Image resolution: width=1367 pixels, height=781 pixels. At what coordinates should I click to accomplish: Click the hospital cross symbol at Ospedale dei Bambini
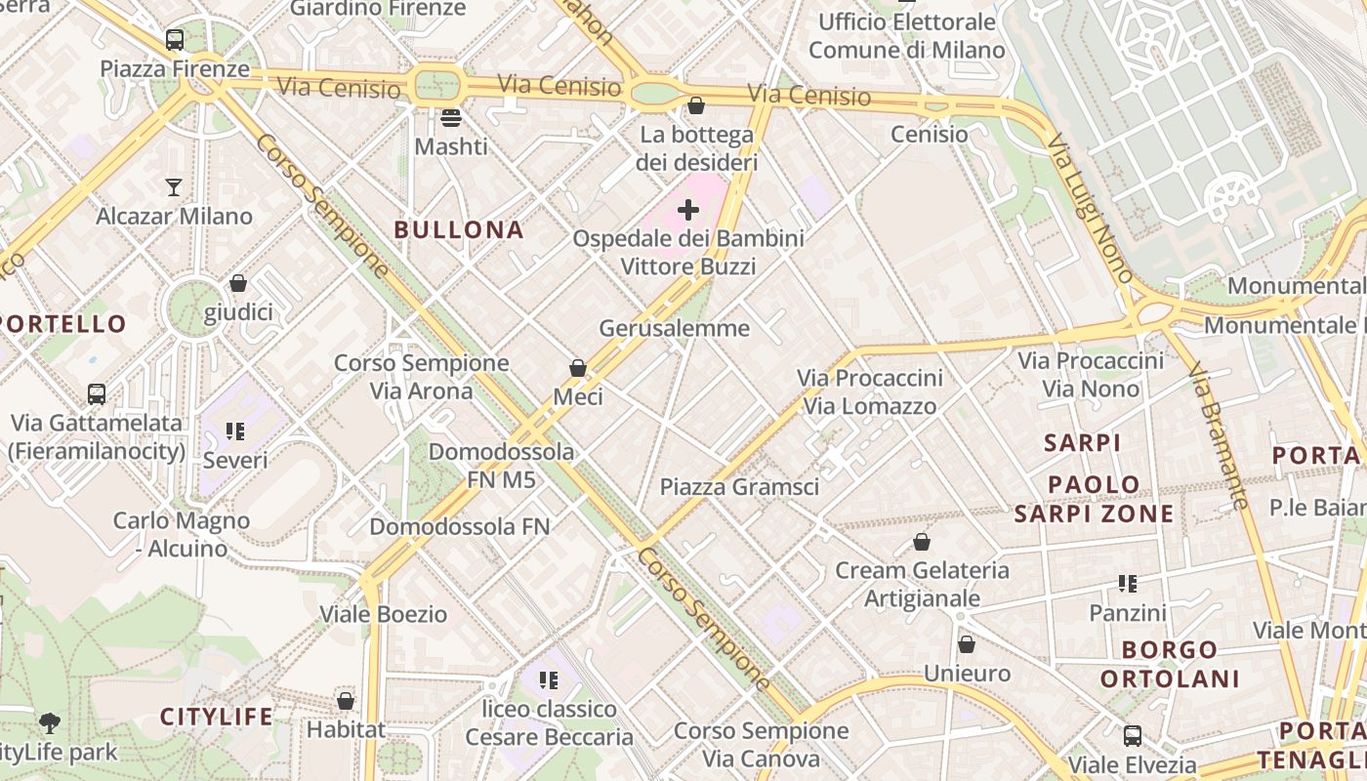click(x=688, y=209)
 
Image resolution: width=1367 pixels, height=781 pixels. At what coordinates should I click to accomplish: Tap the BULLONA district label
click(x=459, y=230)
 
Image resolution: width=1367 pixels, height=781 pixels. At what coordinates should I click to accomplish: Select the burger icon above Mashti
click(x=451, y=118)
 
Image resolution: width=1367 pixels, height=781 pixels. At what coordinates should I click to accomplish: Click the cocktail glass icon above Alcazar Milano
click(x=174, y=186)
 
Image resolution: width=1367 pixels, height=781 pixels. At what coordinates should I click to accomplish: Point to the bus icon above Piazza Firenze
click(x=175, y=40)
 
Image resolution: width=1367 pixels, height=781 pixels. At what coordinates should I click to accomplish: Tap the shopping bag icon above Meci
click(x=578, y=368)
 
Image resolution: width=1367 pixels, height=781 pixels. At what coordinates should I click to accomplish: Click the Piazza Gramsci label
click(x=739, y=486)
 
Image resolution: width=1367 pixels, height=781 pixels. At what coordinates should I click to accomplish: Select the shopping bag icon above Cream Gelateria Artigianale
click(x=922, y=542)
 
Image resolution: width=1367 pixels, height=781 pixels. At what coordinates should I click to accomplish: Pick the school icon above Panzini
click(x=1128, y=584)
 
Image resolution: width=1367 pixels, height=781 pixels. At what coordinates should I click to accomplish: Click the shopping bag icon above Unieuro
click(x=967, y=644)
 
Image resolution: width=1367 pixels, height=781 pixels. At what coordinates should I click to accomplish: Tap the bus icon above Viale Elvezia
click(x=1133, y=735)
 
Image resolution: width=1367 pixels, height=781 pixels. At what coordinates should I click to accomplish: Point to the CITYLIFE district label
click(x=217, y=717)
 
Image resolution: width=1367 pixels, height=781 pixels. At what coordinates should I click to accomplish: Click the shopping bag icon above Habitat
click(x=346, y=700)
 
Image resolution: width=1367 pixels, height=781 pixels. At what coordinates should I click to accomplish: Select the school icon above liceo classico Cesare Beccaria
click(x=549, y=679)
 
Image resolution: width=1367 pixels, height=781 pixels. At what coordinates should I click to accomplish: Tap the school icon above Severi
click(x=234, y=431)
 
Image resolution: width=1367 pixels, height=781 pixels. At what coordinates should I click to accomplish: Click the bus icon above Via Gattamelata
click(x=96, y=394)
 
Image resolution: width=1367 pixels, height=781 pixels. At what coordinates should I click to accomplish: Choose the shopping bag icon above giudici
click(x=238, y=283)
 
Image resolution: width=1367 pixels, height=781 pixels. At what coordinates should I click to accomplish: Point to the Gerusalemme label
click(x=675, y=328)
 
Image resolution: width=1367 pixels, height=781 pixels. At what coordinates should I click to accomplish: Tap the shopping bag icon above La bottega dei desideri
click(x=696, y=104)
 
